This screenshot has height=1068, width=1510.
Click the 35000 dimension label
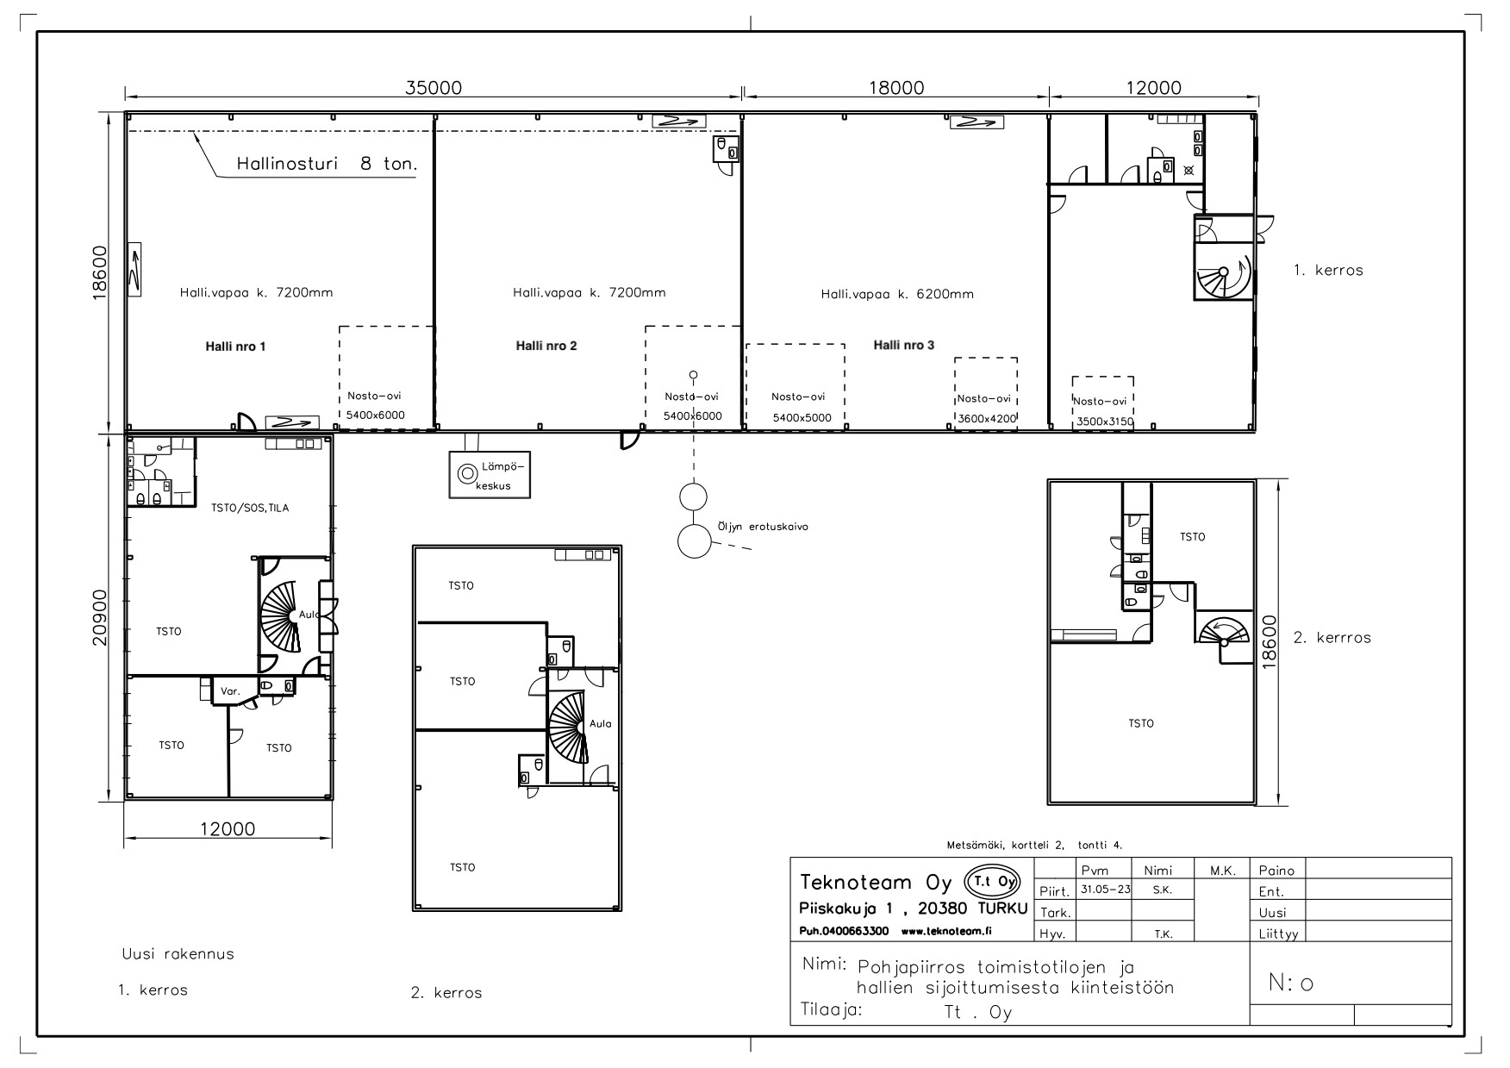(x=434, y=87)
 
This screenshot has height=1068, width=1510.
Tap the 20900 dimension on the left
(x=101, y=617)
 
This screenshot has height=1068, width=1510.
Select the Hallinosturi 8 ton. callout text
(x=328, y=164)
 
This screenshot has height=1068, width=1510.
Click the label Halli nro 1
(x=235, y=347)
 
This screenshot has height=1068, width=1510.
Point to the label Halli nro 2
(x=546, y=346)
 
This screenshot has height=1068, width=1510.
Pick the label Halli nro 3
(x=904, y=345)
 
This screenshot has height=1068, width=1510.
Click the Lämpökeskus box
(x=490, y=474)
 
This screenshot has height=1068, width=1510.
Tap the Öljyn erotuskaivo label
(x=763, y=527)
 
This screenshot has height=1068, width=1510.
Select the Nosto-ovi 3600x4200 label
(x=987, y=409)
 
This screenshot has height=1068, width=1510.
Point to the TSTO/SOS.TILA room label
(x=250, y=508)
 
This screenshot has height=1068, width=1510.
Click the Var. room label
(x=230, y=691)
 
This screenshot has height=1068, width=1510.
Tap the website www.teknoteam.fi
(x=946, y=931)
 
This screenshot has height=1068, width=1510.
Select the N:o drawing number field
(x=1291, y=983)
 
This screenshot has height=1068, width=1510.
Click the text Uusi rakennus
(x=178, y=954)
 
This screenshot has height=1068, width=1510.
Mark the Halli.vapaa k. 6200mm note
(x=897, y=294)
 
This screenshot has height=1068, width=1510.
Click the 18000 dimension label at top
(x=895, y=87)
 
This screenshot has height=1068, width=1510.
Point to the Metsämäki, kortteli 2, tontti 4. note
(x=1034, y=846)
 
